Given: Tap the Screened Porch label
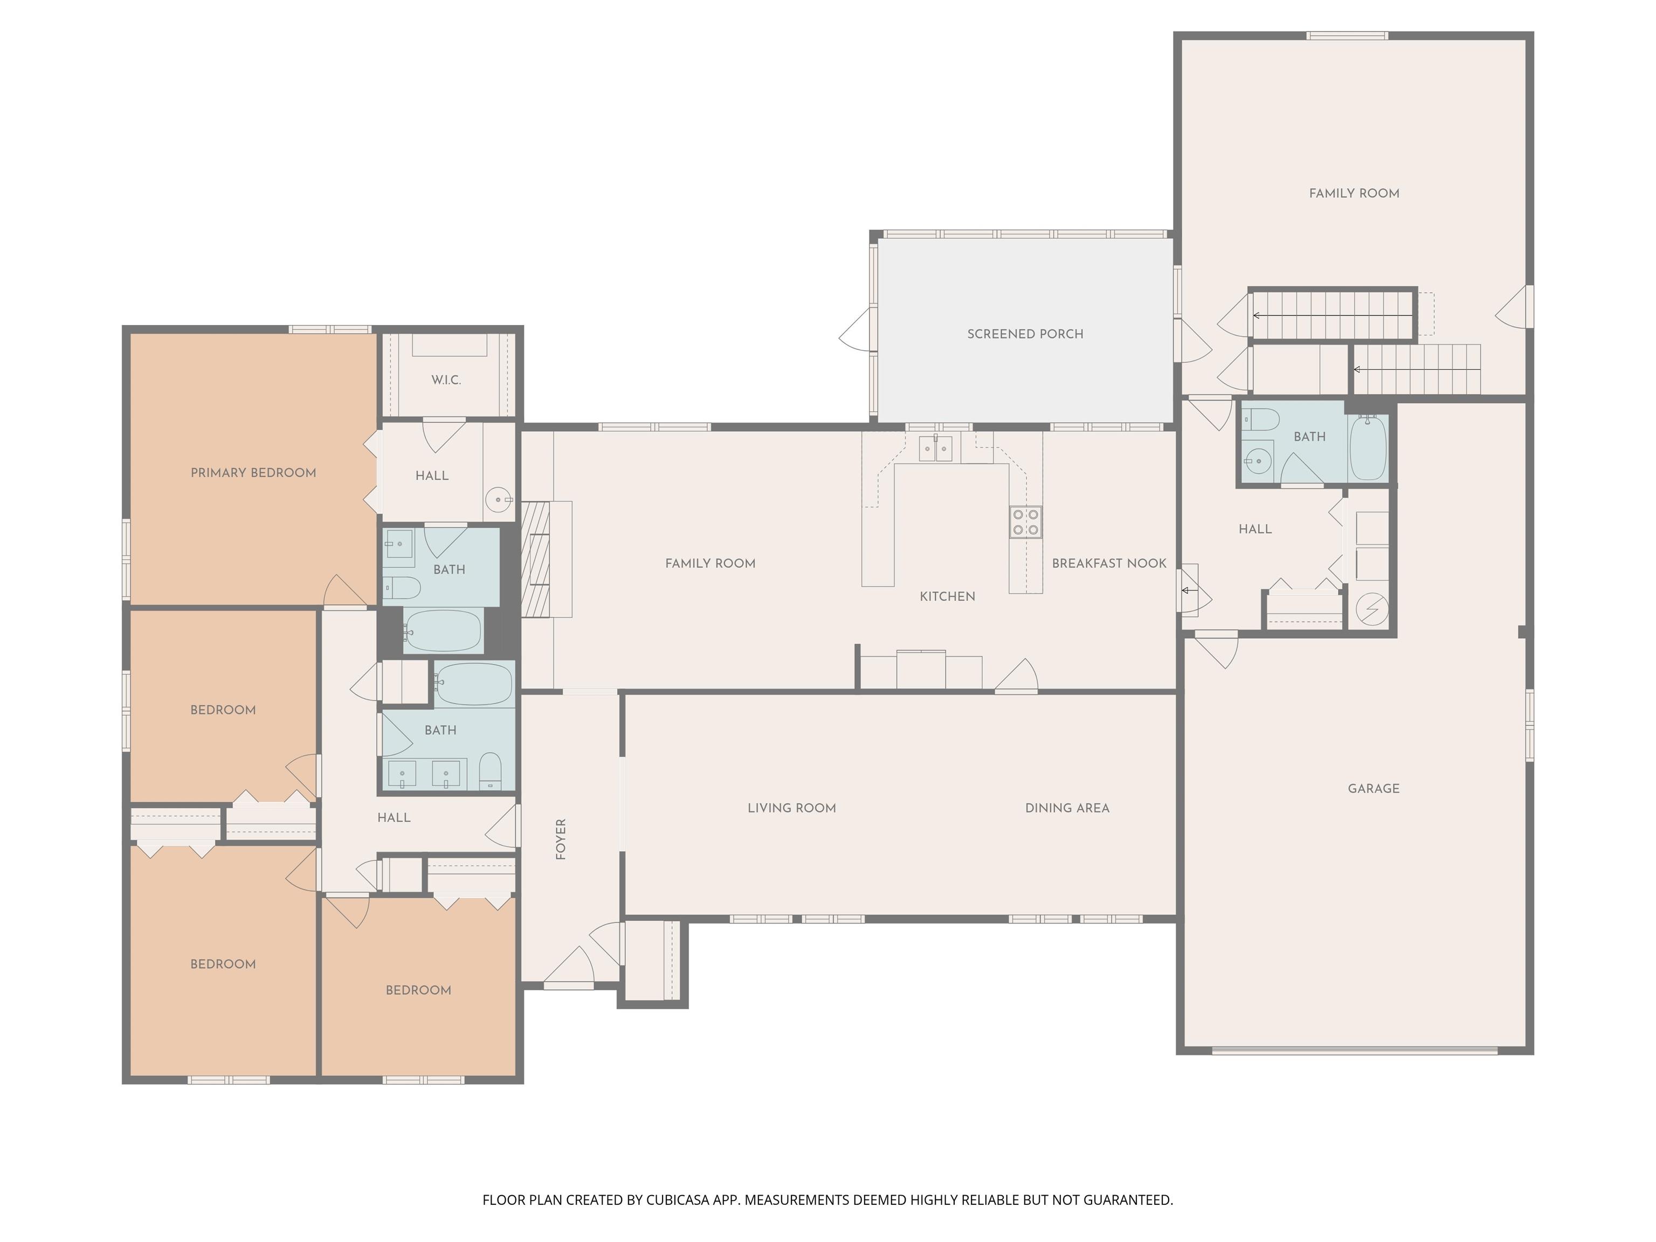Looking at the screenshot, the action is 1025,334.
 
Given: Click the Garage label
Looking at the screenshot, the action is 1373,788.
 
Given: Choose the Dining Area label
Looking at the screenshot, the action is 1067,808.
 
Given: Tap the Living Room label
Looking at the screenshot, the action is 791,808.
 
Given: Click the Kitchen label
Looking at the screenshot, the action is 947,597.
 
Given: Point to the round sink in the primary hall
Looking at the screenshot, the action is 499,499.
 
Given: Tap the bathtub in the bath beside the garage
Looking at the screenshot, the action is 1368,447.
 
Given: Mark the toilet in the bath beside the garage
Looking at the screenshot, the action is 1259,419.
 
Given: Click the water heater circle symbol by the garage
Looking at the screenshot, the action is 1371,610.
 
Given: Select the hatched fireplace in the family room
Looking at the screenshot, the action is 536,558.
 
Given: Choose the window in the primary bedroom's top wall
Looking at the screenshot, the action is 330,329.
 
